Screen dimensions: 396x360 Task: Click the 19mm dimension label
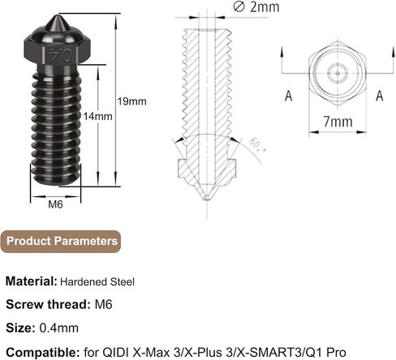[131, 101]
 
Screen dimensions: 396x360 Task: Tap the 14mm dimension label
[97, 117]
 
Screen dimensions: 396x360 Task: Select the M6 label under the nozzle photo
[55, 204]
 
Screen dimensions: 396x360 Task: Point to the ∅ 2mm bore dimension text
[256, 6]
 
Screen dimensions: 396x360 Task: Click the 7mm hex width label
[338, 122]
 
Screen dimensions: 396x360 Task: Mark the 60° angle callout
[257, 145]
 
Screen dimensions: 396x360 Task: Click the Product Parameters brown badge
[61, 242]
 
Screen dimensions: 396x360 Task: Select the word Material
[32, 281]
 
